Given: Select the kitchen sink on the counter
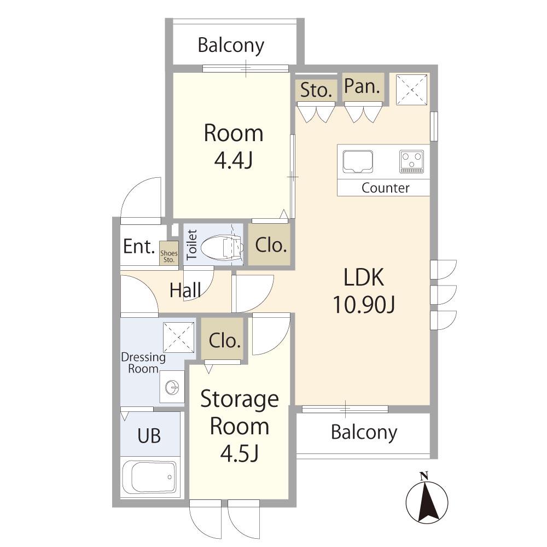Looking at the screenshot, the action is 357,161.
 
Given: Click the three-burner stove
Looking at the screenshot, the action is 412,161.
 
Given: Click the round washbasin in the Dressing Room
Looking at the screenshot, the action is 172,387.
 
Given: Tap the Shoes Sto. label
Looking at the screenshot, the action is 169,257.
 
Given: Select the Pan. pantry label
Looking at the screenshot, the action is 362,86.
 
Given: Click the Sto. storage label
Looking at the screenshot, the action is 316,90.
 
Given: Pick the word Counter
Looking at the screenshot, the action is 385,188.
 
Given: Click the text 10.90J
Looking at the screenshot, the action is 364,304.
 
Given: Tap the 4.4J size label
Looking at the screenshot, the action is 233,160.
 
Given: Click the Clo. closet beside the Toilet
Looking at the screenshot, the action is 271,245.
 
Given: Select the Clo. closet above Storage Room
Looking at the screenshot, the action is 225,340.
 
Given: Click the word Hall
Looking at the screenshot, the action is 185,290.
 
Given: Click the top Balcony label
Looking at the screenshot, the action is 231,46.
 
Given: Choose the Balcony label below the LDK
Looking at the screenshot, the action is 364,433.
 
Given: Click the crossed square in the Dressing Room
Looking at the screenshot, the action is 179,337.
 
